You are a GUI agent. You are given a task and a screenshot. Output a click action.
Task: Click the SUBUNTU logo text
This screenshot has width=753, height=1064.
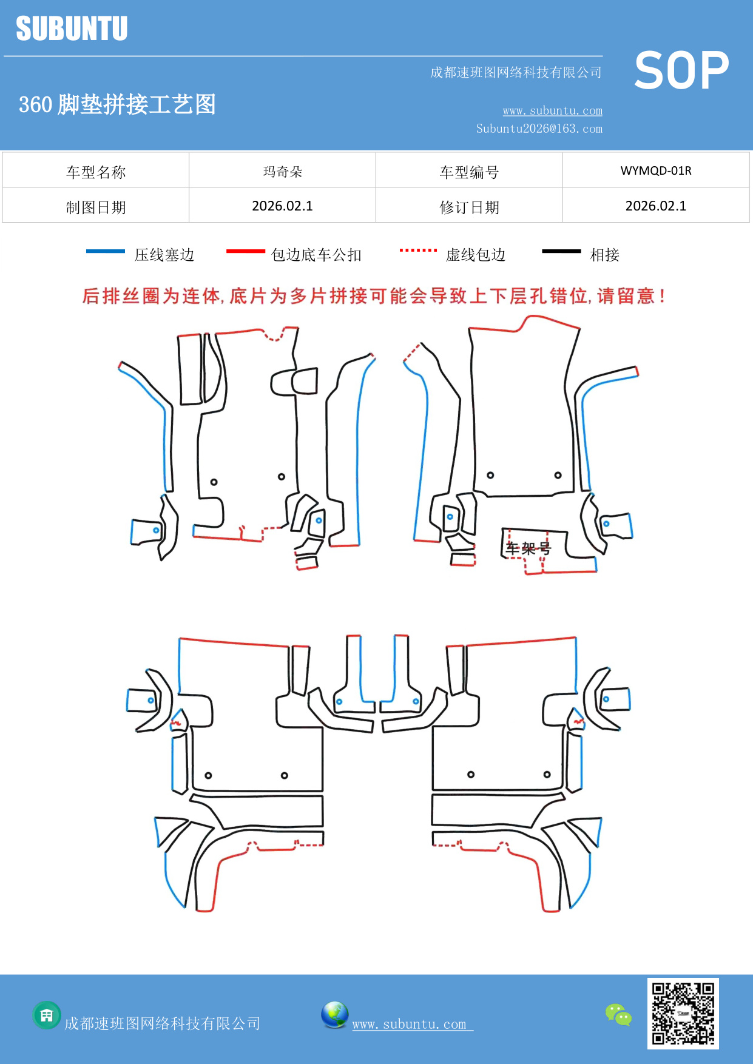click(x=72, y=29)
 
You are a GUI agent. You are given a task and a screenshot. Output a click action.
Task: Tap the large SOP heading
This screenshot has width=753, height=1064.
click(x=681, y=71)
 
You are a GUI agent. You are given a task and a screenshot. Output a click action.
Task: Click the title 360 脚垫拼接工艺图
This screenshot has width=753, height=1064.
click(x=117, y=104)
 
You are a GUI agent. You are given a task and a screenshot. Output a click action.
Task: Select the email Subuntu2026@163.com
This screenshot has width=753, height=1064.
click(x=539, y=129)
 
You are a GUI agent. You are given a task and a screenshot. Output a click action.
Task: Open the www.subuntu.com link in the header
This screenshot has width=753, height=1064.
click(x=552, y=110)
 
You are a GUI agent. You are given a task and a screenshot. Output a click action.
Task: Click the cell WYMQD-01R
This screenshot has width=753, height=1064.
click(x=655, y=170)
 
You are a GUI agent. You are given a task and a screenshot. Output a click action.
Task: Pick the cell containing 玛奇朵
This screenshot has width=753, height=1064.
click(x=282, y=172)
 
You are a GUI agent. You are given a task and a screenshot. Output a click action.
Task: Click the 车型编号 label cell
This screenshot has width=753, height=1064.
click(x=469, y=172)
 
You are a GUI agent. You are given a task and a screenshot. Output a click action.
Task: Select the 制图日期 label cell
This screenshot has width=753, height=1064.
click(x=96, y=207)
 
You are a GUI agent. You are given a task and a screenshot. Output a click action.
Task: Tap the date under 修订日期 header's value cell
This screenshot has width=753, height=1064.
click(x=655, y=206)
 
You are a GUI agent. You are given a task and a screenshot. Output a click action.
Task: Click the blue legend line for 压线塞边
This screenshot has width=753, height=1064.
click(x=106, y=251)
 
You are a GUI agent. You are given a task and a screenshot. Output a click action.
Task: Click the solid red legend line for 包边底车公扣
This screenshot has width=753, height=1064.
click(x=245, y=251)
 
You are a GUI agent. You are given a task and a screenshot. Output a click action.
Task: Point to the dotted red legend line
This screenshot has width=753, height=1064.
click(x=418, y=250)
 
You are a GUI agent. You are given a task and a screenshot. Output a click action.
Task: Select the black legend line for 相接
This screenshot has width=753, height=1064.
click(x=561, y=251)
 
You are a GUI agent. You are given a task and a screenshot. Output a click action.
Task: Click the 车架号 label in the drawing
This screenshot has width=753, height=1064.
click(x=528, y=549)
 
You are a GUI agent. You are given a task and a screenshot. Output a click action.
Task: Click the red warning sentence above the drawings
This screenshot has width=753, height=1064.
click(x=374, y=296)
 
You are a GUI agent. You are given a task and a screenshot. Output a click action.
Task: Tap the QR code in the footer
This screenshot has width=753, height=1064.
click(x=683, y=1014)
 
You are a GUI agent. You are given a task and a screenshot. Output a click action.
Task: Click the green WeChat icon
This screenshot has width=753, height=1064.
click(x=618, y=1015)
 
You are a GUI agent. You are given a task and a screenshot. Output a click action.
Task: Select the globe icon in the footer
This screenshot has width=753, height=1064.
click(x=334, y=1015)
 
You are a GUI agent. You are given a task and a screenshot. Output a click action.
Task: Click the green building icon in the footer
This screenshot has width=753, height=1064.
click(x=47, y=1015)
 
